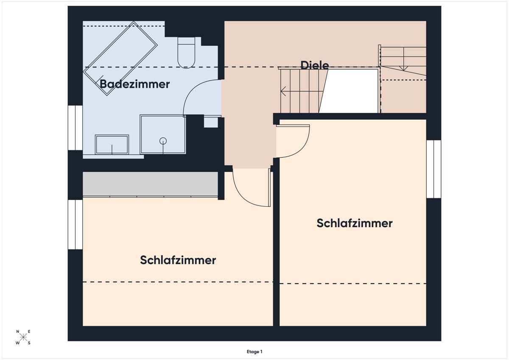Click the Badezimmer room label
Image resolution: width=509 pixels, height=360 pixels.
pyautogui.click(x=134, y=84)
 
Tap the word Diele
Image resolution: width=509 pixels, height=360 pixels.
pyautogui.click(x=315, y=65)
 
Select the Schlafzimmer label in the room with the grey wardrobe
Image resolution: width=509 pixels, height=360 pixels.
pyautogui.click(x=178, y=260)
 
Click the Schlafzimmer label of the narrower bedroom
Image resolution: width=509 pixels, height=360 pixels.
pyautogui.click(x=355, y=223)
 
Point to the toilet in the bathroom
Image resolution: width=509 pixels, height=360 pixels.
pyautogui.click(x=186, y=53)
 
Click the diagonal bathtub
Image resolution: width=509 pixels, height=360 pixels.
pyautogui.click(x=120, y=59)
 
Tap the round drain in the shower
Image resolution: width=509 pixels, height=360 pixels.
pyautogui.click(x=163, y=141)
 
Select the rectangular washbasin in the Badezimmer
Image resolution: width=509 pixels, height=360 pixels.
pyautogui.click(x=112, y=145)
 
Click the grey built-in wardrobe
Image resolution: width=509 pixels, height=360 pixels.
pyautogui.click(x=150, y=184)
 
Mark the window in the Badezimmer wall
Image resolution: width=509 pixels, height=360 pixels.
pyautogui.click(x=75, y=128)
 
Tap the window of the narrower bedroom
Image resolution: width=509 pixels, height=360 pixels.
pyautogui.click(x=434, y=169)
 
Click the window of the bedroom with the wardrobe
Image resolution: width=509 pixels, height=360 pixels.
pyautogui.click(x=75, y=225)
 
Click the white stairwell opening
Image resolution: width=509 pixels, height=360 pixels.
pyautogui.click(x=349, y=91)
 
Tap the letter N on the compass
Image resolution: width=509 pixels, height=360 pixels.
pyautogui.click(x=17, y=332)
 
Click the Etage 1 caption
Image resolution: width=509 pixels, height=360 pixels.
pyautogui.click(x=255, y=352)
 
